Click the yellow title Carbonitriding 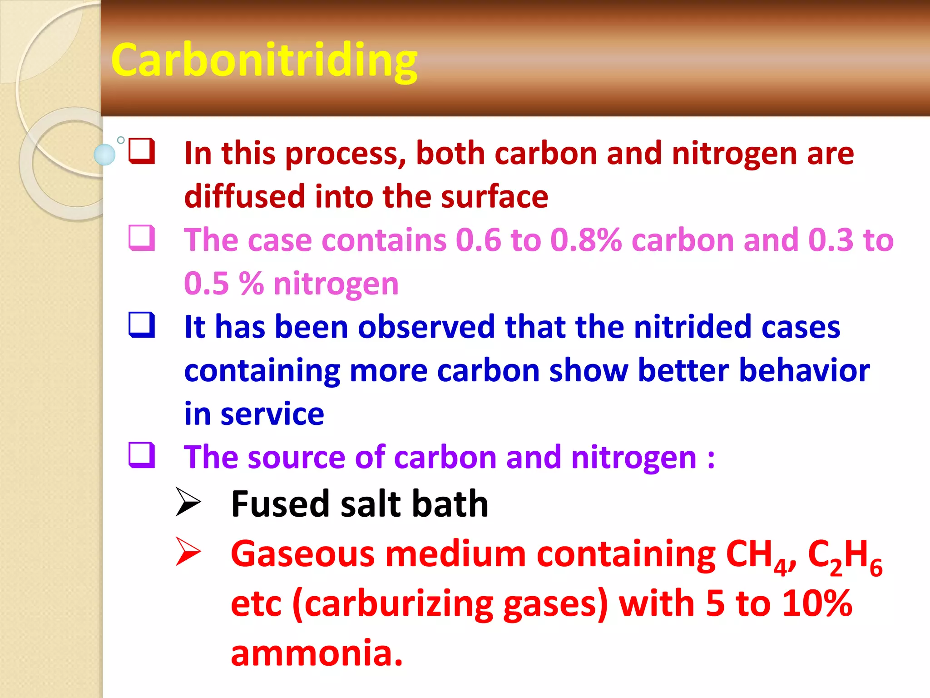point(264,61)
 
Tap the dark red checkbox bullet point(142,151)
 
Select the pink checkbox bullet point(142,238)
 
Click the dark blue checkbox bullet point(142,325)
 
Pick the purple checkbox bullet point(142,455)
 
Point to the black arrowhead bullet point(188,502)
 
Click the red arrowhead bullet point(188,552)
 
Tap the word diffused point(244,196)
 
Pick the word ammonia point(317,653)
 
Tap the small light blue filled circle point(104,155)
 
